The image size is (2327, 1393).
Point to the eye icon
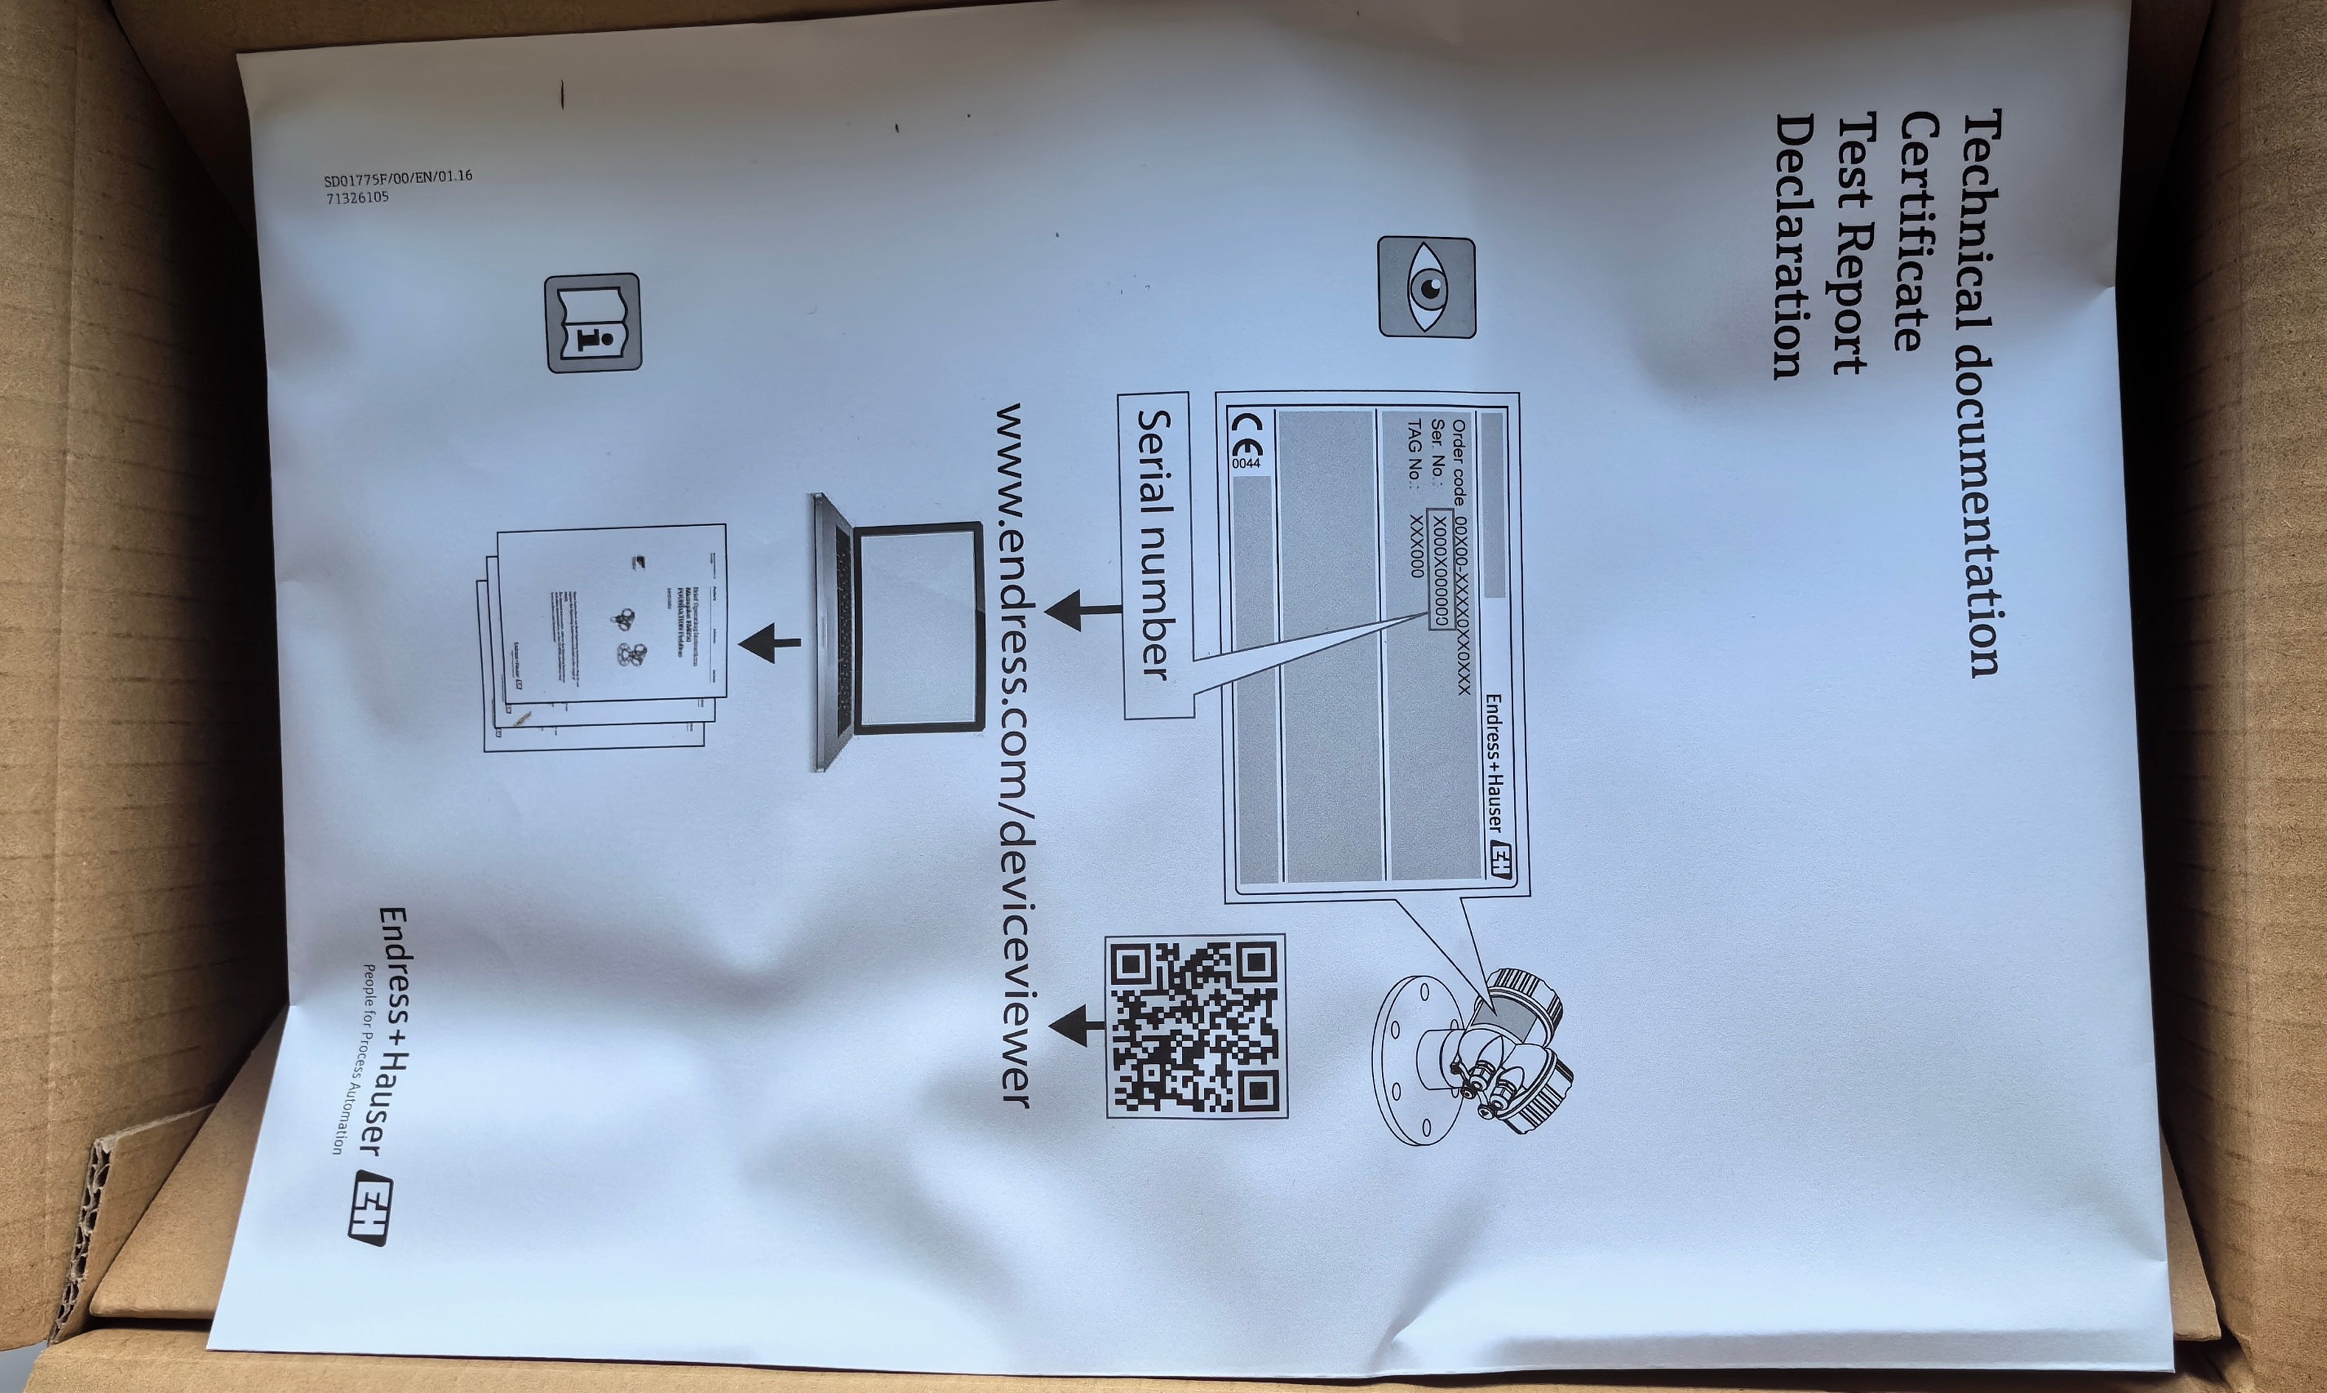(1427, 287)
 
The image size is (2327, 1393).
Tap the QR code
(1195, 1026)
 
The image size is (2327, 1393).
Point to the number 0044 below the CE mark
(1245, 463)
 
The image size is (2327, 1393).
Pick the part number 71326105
(356, 198)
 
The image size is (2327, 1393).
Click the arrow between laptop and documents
(770, 643)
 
